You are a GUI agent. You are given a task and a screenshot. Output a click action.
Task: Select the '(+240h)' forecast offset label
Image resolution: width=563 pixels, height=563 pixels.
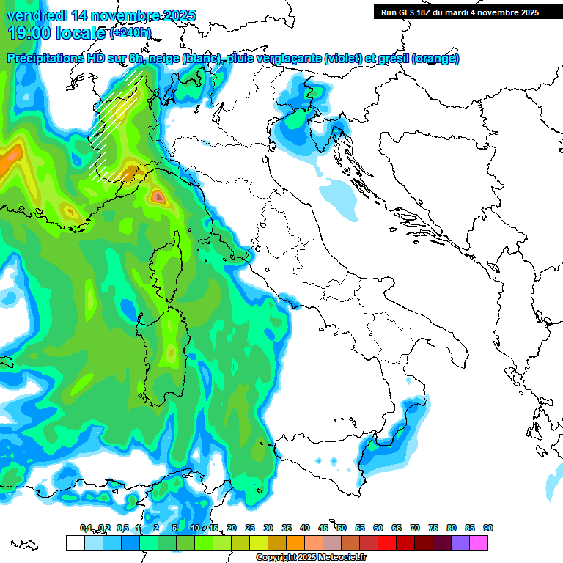130,33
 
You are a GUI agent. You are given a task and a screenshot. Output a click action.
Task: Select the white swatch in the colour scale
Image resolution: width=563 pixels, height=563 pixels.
75,542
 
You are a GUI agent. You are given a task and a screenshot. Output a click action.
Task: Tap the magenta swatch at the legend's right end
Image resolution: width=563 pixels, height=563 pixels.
479,542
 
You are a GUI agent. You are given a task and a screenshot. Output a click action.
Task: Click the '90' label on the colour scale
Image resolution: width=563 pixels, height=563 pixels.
488,528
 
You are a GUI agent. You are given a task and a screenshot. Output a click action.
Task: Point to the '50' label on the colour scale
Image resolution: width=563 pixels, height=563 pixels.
342,528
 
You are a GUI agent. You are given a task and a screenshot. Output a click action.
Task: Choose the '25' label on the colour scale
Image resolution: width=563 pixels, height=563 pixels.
250,528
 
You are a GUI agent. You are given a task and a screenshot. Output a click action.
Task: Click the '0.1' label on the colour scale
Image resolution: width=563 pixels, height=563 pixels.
86,528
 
